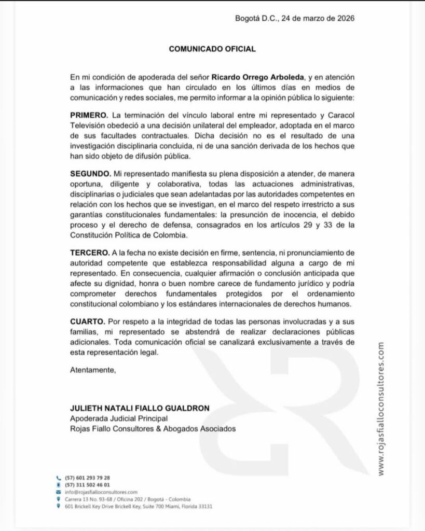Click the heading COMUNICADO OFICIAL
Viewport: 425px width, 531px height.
click(x=212, y=49)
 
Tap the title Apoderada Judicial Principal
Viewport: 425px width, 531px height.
click(x=119, y=418)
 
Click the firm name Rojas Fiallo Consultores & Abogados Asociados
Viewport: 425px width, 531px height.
click(x=153, y=429)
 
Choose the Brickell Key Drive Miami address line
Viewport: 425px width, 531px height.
click(x=139, y=506)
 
